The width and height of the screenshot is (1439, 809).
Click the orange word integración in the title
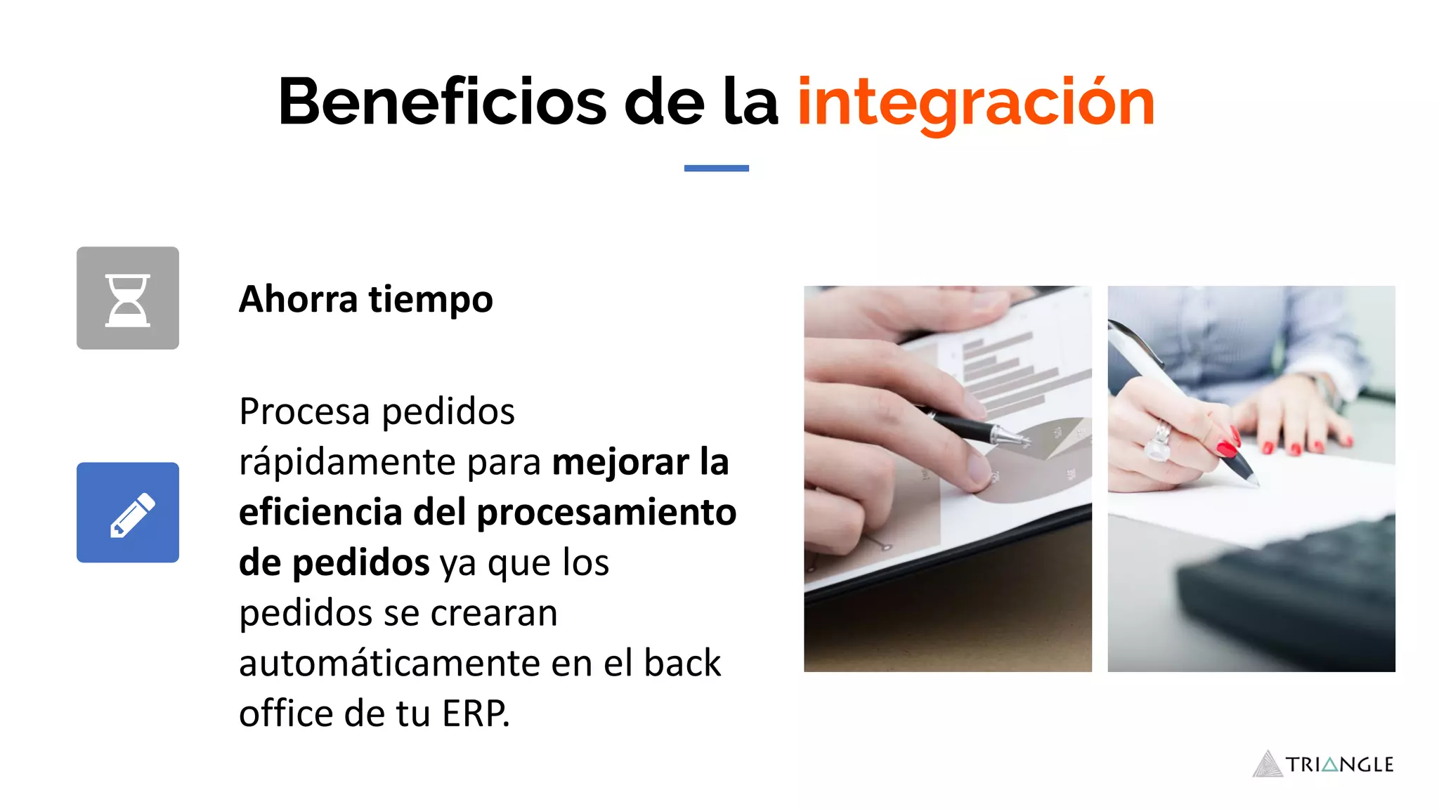click(x=975, y=104)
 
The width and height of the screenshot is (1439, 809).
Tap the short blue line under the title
click(x=716, y=168)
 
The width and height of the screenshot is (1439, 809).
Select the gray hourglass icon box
click(x=128, y=298)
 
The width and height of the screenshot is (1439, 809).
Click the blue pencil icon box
click(x=128, y=513)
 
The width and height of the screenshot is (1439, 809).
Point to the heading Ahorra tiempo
click(x=365, y=300)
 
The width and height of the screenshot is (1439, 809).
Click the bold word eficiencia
click(x=320, y=512)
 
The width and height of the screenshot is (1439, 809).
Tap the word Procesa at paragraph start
click(x=304, y=412)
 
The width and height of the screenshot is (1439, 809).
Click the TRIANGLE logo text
click(x=1339, y=765)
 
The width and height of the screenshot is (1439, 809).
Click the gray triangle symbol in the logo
click(x=1268, y=765)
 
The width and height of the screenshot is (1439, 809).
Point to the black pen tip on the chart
click(x=1015, y=439)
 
